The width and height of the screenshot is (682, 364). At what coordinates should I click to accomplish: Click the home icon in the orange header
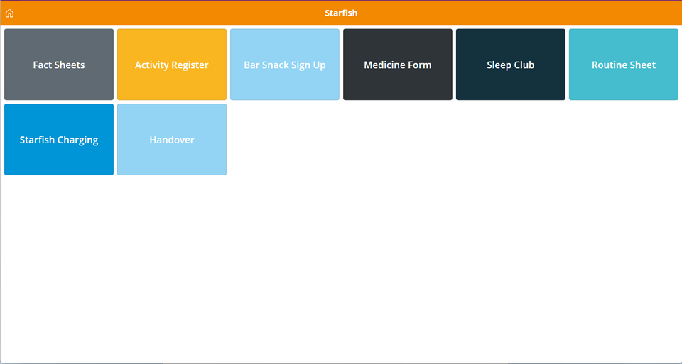point(9,13)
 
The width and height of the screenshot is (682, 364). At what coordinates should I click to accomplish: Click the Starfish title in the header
point(341,13)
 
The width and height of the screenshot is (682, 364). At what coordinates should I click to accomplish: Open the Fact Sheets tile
point(59,65)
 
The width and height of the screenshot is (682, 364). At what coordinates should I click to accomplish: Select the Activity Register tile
point(172,65)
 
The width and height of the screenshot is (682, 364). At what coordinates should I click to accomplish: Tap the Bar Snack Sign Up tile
point(285,65)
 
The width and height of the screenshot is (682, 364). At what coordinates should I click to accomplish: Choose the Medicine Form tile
point(398,65)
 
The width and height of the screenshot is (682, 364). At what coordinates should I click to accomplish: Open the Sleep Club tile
point(511,65)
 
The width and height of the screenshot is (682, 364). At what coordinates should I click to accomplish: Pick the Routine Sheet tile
point(624,65)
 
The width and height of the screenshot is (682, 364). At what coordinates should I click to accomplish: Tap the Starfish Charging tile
point(59,140)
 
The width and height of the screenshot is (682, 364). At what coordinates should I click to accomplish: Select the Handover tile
point(172,140)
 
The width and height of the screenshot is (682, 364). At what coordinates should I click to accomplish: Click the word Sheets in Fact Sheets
point(69,65)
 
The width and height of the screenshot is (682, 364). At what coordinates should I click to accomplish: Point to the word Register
point(189,65)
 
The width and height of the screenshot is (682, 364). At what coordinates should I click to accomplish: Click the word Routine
point(607,65)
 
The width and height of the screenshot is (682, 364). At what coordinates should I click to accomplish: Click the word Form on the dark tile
point(418,65)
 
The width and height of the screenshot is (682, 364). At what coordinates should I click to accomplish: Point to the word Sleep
point(499,65)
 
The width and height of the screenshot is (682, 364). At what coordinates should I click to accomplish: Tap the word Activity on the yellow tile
point(151,65)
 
